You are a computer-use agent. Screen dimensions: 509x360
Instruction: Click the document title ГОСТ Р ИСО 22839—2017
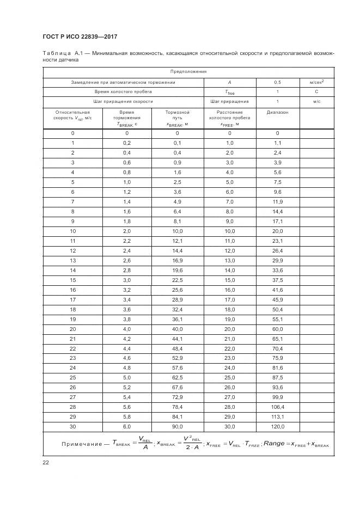81,36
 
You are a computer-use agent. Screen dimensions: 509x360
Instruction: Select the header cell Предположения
188,72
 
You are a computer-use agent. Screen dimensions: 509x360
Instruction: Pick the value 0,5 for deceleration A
277,82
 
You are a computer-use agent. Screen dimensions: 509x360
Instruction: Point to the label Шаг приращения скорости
124,101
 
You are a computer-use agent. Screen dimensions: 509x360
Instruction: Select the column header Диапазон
277,112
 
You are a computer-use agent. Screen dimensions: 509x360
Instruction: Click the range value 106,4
277,407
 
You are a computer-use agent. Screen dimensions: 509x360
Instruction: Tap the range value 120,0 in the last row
277,426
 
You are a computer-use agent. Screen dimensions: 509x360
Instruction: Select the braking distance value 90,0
177,426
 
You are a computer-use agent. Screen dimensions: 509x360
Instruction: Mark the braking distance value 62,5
177,377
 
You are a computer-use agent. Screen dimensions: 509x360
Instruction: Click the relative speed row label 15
72,280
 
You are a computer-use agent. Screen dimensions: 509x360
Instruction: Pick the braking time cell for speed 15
126,280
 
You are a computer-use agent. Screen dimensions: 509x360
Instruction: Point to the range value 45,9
277,299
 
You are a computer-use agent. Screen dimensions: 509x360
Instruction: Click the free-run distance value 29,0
229,416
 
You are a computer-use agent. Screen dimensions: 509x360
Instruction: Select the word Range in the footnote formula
274,444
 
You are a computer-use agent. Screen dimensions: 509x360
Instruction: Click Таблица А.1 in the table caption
65,53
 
